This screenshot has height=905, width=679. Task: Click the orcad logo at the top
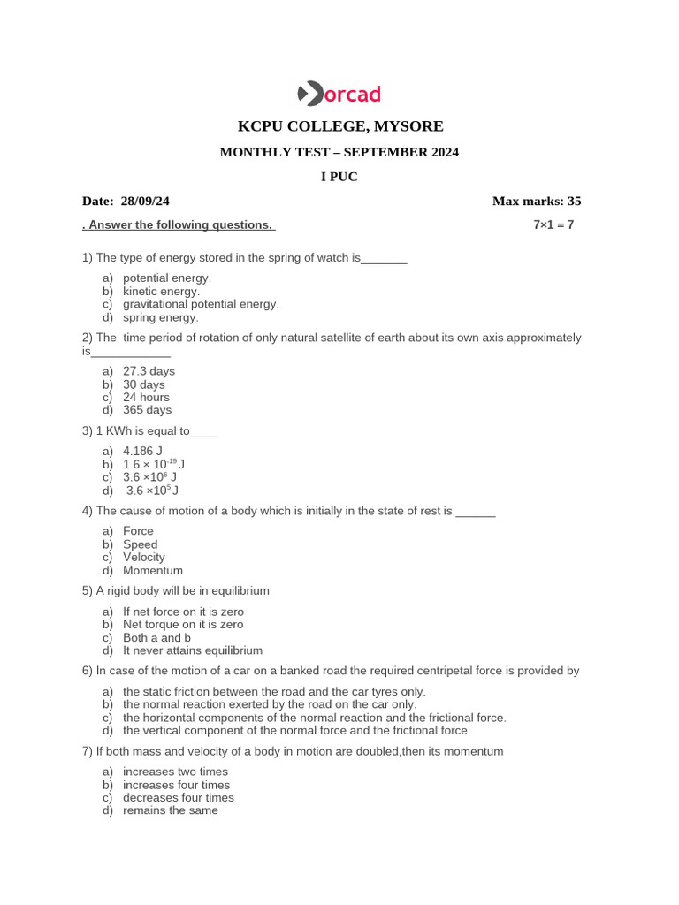click(339, 93)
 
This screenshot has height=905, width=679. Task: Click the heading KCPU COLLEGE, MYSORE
click(339, 125)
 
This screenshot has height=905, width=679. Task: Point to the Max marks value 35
click(573, 202)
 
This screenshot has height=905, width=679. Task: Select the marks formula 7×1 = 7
click(553, 224)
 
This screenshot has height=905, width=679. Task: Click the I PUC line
click(339, 177)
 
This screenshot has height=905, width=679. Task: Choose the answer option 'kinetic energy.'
click(162, 291)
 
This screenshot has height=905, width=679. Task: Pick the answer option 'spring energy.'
click(161, 317)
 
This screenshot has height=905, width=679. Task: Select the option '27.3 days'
click(149, 371)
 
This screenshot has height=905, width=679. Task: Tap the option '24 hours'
click(146, 397)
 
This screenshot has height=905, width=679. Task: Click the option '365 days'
click(148, 410)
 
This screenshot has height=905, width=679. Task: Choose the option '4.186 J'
click(142, 451)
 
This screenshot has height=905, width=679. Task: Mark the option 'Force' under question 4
click(138, 531)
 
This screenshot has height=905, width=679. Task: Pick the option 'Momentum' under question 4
click(153, 571)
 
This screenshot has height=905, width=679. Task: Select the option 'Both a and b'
click(157, 637)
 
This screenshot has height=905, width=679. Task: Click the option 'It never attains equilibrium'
click(193, 650)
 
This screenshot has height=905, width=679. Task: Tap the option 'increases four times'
click(176, 785)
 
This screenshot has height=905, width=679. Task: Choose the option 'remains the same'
click(170, 810)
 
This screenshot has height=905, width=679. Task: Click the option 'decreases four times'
click(179, 797)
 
